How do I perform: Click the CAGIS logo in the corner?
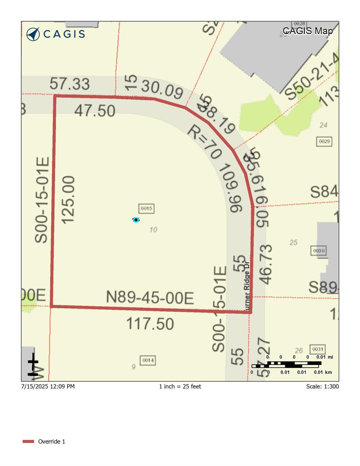pos(55,34)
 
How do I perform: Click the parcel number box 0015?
pos(146,208)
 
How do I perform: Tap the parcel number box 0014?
pos(148,360)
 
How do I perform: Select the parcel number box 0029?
pos(324,141)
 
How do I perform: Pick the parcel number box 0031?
pos(317,349)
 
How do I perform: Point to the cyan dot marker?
pos(136,220)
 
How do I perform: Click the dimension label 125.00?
pos(68,200)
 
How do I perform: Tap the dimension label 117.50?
pos(150,324)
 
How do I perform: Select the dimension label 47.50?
pos(95,111)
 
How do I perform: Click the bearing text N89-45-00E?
pos(150,298)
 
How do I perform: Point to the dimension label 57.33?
pos(70,84)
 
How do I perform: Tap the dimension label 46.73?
pos(266,264)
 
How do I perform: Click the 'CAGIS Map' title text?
pos(308,31)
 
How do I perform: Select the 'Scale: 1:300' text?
pos(322,386)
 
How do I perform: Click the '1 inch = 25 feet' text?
pos(180,386)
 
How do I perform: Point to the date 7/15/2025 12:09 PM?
pos(48,386)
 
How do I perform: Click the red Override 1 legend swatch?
pos(28,441)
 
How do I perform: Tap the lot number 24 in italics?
pos(323,125)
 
